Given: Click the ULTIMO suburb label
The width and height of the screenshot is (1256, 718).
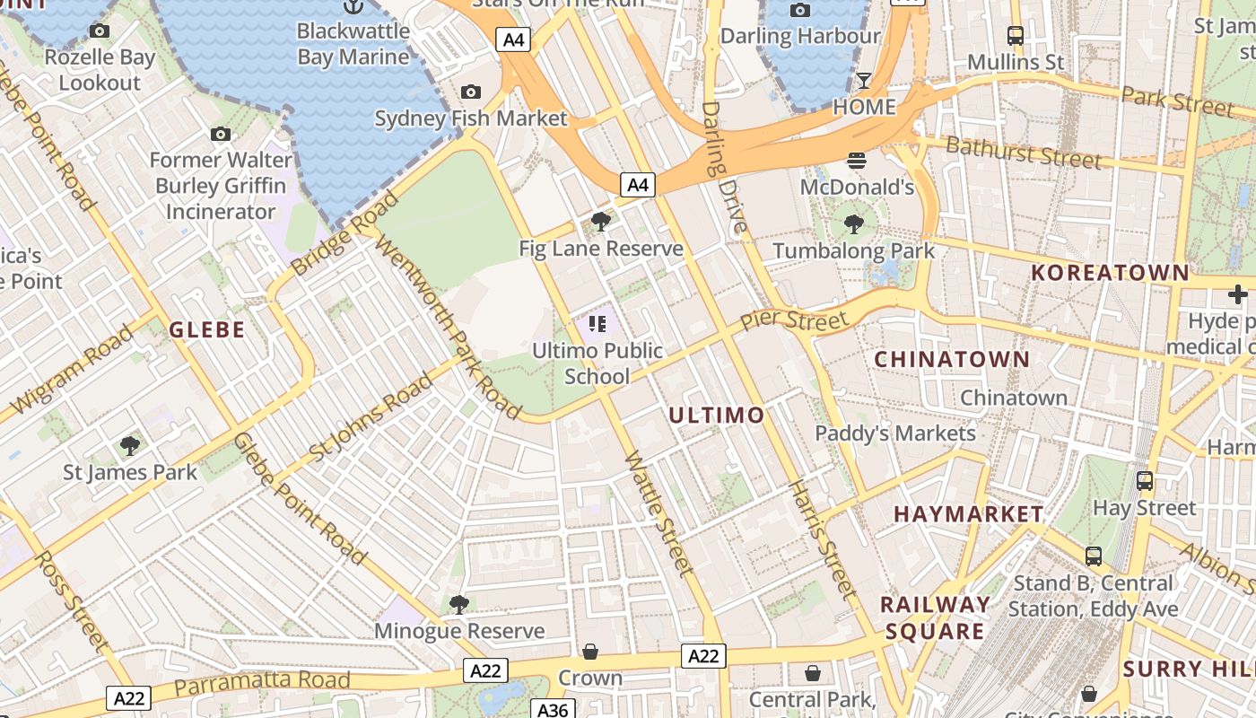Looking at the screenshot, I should (x=716, y=415).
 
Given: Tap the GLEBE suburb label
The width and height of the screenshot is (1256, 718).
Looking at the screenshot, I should (x=207, y=329).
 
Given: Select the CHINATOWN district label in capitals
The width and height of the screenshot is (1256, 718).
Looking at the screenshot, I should (x=952, y=359).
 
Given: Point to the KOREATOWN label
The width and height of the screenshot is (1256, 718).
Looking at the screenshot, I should (x=1110, y=272).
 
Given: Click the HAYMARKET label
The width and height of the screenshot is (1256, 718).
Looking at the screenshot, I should (x=969, y=514).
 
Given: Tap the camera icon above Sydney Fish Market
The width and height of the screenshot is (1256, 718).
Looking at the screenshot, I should (x=470, y=92).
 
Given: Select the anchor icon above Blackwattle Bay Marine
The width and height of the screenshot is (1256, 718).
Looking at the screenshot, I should (x=353, y=7).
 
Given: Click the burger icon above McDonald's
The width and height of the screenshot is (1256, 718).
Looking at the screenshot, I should (x=857, y=161).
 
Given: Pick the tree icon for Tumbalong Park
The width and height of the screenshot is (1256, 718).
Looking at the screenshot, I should (x=854, y=224).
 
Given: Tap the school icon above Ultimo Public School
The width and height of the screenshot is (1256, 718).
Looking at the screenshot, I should (x=597, y=324).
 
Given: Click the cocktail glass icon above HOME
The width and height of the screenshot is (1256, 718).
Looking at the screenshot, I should (x=863, y=81).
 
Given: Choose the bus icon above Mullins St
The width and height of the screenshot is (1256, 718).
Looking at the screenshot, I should (x=1016, y=36).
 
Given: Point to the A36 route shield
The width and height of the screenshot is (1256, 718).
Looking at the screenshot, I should (x=553, y=709).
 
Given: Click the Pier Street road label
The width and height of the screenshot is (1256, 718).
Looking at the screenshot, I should (x=793, y=320).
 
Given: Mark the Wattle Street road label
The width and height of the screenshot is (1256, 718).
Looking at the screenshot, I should (x=659, y=512).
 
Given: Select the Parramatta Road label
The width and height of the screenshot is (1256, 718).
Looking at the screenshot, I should (x=261, y=683).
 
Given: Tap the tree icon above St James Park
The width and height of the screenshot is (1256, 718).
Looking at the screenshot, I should (x=130, y=445).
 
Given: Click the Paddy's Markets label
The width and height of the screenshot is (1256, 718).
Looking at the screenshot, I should (x=894, y=433).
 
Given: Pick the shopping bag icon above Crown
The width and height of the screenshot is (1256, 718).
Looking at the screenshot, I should (x=590, y=651).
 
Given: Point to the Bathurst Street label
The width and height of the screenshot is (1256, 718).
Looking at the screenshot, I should (x=1023, y=153).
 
